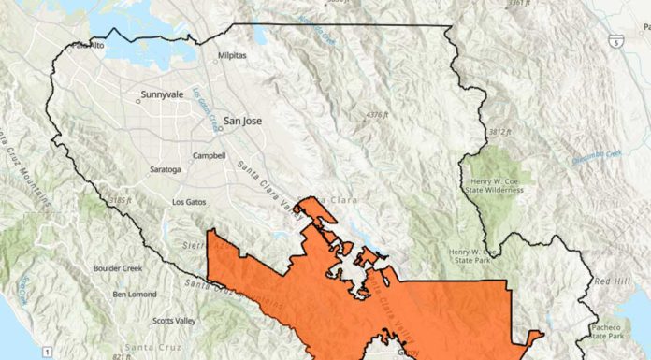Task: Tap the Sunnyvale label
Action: click(x=164, y=95)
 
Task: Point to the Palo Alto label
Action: click(x=88, y=46)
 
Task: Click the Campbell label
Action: click(x=208, y=155)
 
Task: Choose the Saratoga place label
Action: click(x=165, y=170)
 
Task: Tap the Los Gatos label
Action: click(x=190, y=201)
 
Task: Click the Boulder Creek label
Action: click(x=118, y=268)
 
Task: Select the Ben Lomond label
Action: click(x=132, y=294)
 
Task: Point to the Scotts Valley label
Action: click(x=175, y=322)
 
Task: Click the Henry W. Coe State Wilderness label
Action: click(x=495, y=184)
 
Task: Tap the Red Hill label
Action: click(x=613, y=281)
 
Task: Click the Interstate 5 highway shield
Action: click(x=614, y=42)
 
